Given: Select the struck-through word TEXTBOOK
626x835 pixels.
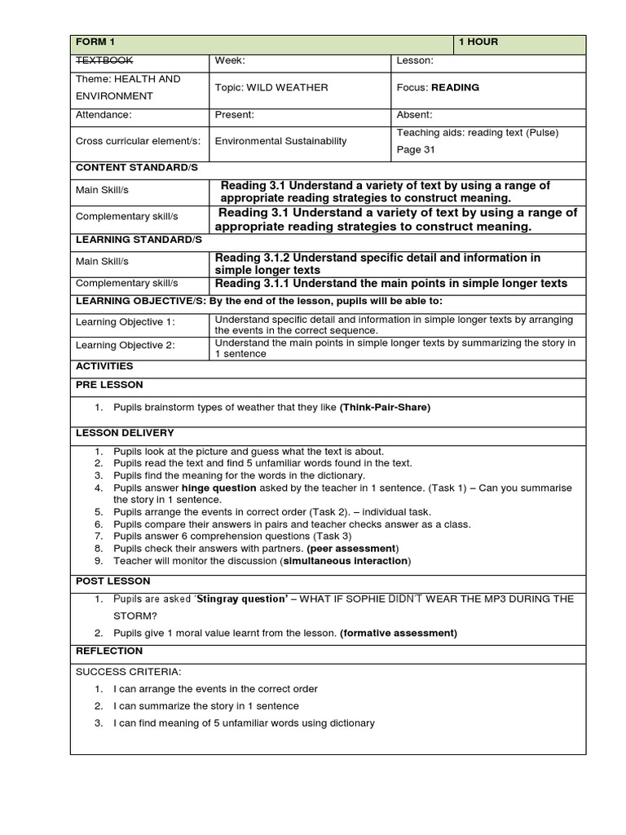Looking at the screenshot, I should [x=104, y=60].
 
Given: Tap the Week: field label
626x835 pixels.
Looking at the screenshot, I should [x=230, y=60].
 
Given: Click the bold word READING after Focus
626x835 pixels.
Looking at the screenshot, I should [x=455, y=87].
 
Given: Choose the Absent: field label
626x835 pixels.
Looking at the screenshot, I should [x=414, y=115].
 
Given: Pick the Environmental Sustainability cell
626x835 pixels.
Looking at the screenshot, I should [x=280, y=141].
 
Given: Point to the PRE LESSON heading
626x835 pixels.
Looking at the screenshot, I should [x=108, y=384].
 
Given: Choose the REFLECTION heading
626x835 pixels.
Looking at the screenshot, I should [x=108, y=651].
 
